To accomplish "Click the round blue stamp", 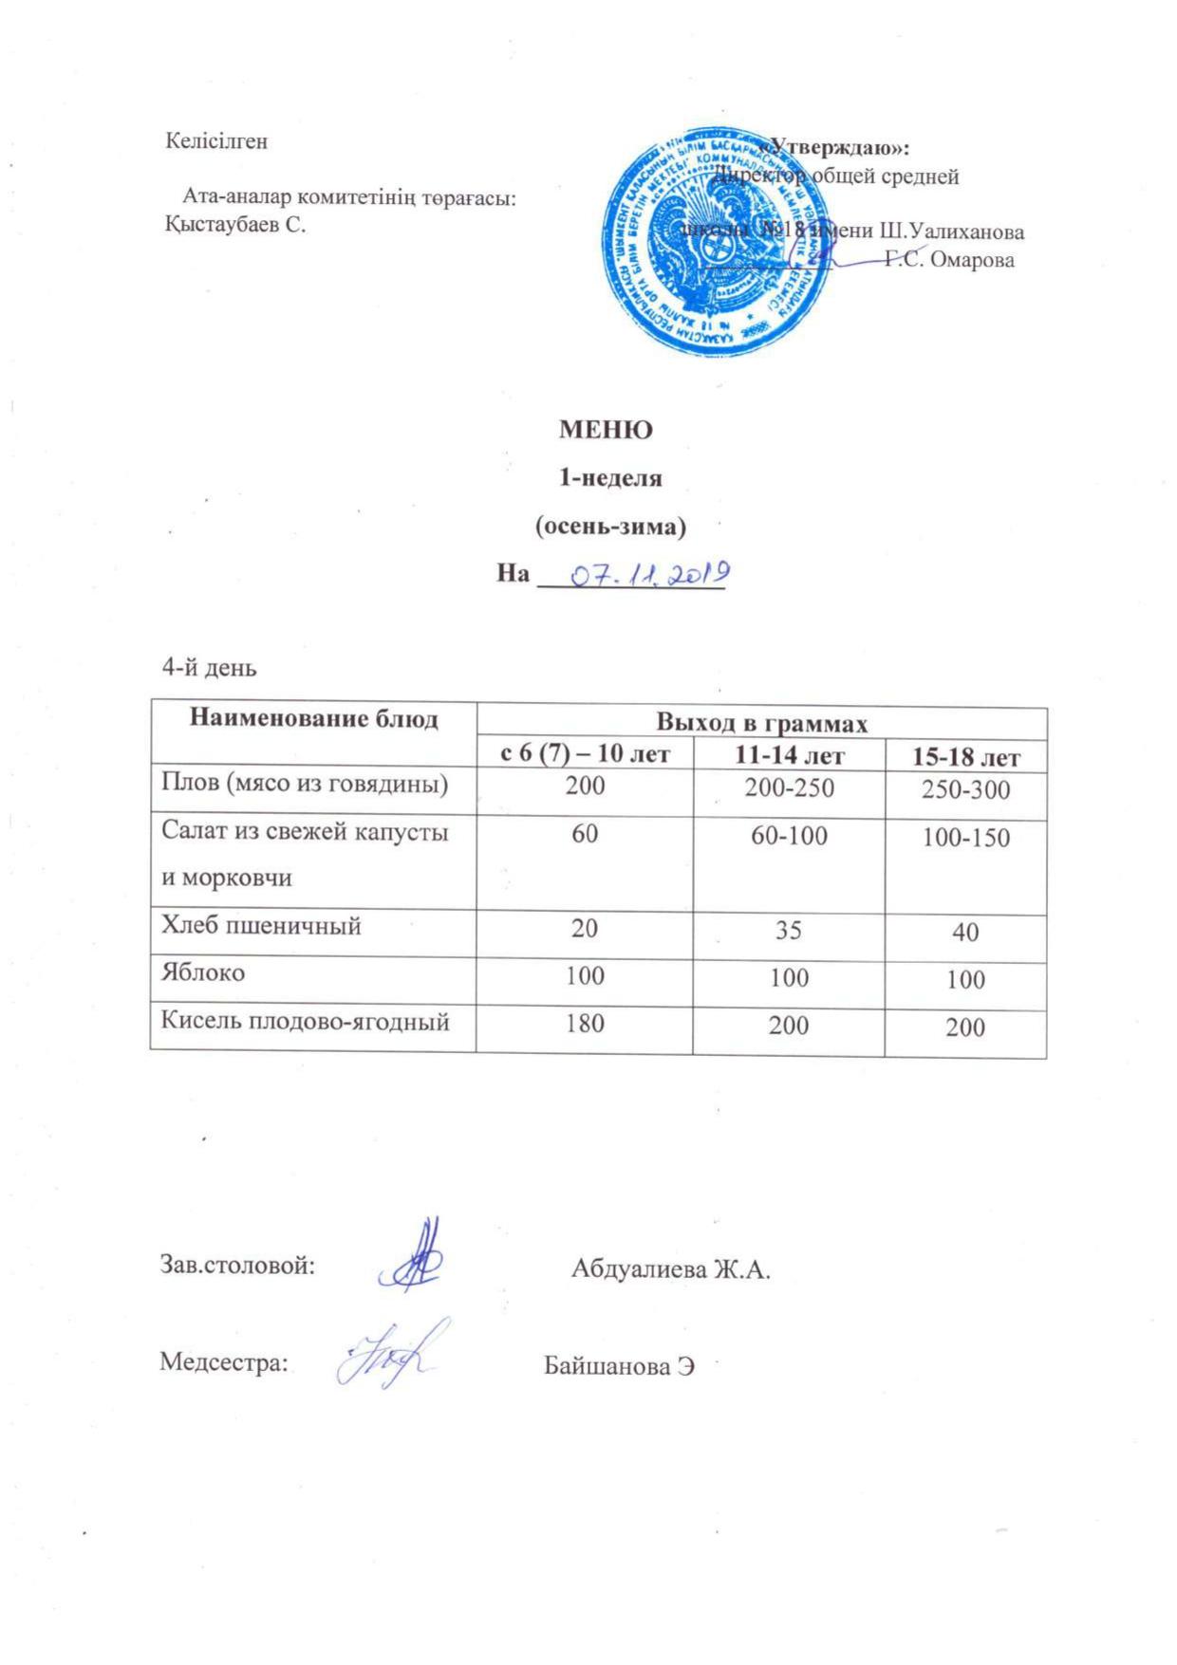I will (x=719, y=245).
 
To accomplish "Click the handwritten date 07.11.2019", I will (x=646, y=574).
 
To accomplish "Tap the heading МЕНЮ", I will (x=606, y=430).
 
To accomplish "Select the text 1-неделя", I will (x=608, y=478).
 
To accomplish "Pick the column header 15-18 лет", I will (x=965, y=758).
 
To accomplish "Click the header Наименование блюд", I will (x=314, y=718).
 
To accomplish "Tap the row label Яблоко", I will (x=203, y=972).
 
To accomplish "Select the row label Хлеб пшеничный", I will (x=261, y=925).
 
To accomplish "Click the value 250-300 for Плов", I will (x=965, y=790).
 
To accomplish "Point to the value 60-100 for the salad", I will (x=789, y=836).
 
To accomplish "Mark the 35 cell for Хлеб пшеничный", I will (x=789, y=930).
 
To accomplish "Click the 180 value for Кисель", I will (x=585, y=1024).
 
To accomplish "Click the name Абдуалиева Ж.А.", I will (x=670, y=1268).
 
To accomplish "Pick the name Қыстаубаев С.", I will (x=234, y=225).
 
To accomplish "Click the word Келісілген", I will (x=216, y=141).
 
